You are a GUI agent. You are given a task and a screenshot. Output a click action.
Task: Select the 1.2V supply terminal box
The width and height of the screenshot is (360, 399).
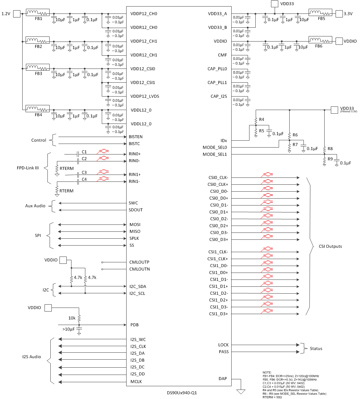point(17,14)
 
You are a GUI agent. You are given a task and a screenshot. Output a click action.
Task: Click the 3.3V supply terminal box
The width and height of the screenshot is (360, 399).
point(339,14)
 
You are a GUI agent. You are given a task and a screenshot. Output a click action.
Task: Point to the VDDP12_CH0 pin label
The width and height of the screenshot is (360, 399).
point(144,14)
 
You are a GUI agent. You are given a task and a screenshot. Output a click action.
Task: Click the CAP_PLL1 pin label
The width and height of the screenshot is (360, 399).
point(217,83)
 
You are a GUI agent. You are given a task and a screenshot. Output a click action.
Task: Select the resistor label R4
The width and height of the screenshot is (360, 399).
point(262,120)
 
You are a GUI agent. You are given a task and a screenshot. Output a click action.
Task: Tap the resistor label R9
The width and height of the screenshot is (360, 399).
point(330,159)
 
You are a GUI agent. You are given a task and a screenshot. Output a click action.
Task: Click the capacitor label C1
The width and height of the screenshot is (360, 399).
point(84,151)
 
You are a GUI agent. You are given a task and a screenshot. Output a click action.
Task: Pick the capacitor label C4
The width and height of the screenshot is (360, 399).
point(84,179)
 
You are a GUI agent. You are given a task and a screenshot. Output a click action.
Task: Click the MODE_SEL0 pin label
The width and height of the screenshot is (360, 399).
point(215,148)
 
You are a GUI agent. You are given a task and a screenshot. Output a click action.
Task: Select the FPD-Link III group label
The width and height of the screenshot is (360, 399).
point(27,168)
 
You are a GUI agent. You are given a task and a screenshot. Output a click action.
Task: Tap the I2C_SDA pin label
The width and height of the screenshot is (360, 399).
point(138,286)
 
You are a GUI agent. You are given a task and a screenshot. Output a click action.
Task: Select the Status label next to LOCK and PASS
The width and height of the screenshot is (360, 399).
point(316,349)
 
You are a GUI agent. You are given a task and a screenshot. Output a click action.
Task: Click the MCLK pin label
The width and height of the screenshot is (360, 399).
point(136,382)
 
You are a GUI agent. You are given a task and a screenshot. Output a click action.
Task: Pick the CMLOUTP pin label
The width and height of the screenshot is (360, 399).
point(139,262)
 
